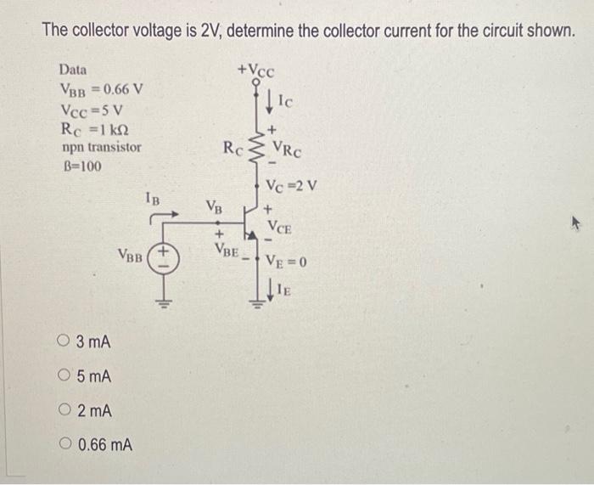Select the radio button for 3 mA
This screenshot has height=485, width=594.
tap(65, 342)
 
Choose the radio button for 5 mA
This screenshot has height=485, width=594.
tap(65, 376)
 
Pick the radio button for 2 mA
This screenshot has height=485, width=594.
tap(65, 410)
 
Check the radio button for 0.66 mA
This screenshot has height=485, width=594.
tap(65, 444)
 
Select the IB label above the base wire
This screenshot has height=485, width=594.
tap(150, 200)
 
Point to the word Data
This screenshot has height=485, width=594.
tap(73, 69)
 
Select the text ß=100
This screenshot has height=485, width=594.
tap(81, 166)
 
